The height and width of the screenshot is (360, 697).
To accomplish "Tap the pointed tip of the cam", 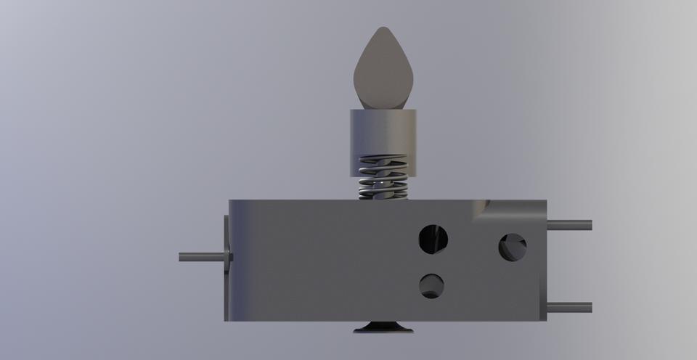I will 383,29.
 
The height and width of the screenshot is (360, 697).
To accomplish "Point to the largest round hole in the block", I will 433,239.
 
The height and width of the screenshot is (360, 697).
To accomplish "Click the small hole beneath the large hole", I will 432,285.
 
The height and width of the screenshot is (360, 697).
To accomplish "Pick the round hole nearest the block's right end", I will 513,247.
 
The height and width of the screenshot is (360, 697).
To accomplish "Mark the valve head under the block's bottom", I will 383,328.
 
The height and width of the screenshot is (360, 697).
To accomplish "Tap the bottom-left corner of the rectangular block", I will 227,319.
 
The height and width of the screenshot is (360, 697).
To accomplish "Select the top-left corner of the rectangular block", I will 231,201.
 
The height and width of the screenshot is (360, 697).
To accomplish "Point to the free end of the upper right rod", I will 590,225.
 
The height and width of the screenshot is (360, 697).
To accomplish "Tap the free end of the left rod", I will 181,256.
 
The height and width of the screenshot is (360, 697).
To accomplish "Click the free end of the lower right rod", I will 590,308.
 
